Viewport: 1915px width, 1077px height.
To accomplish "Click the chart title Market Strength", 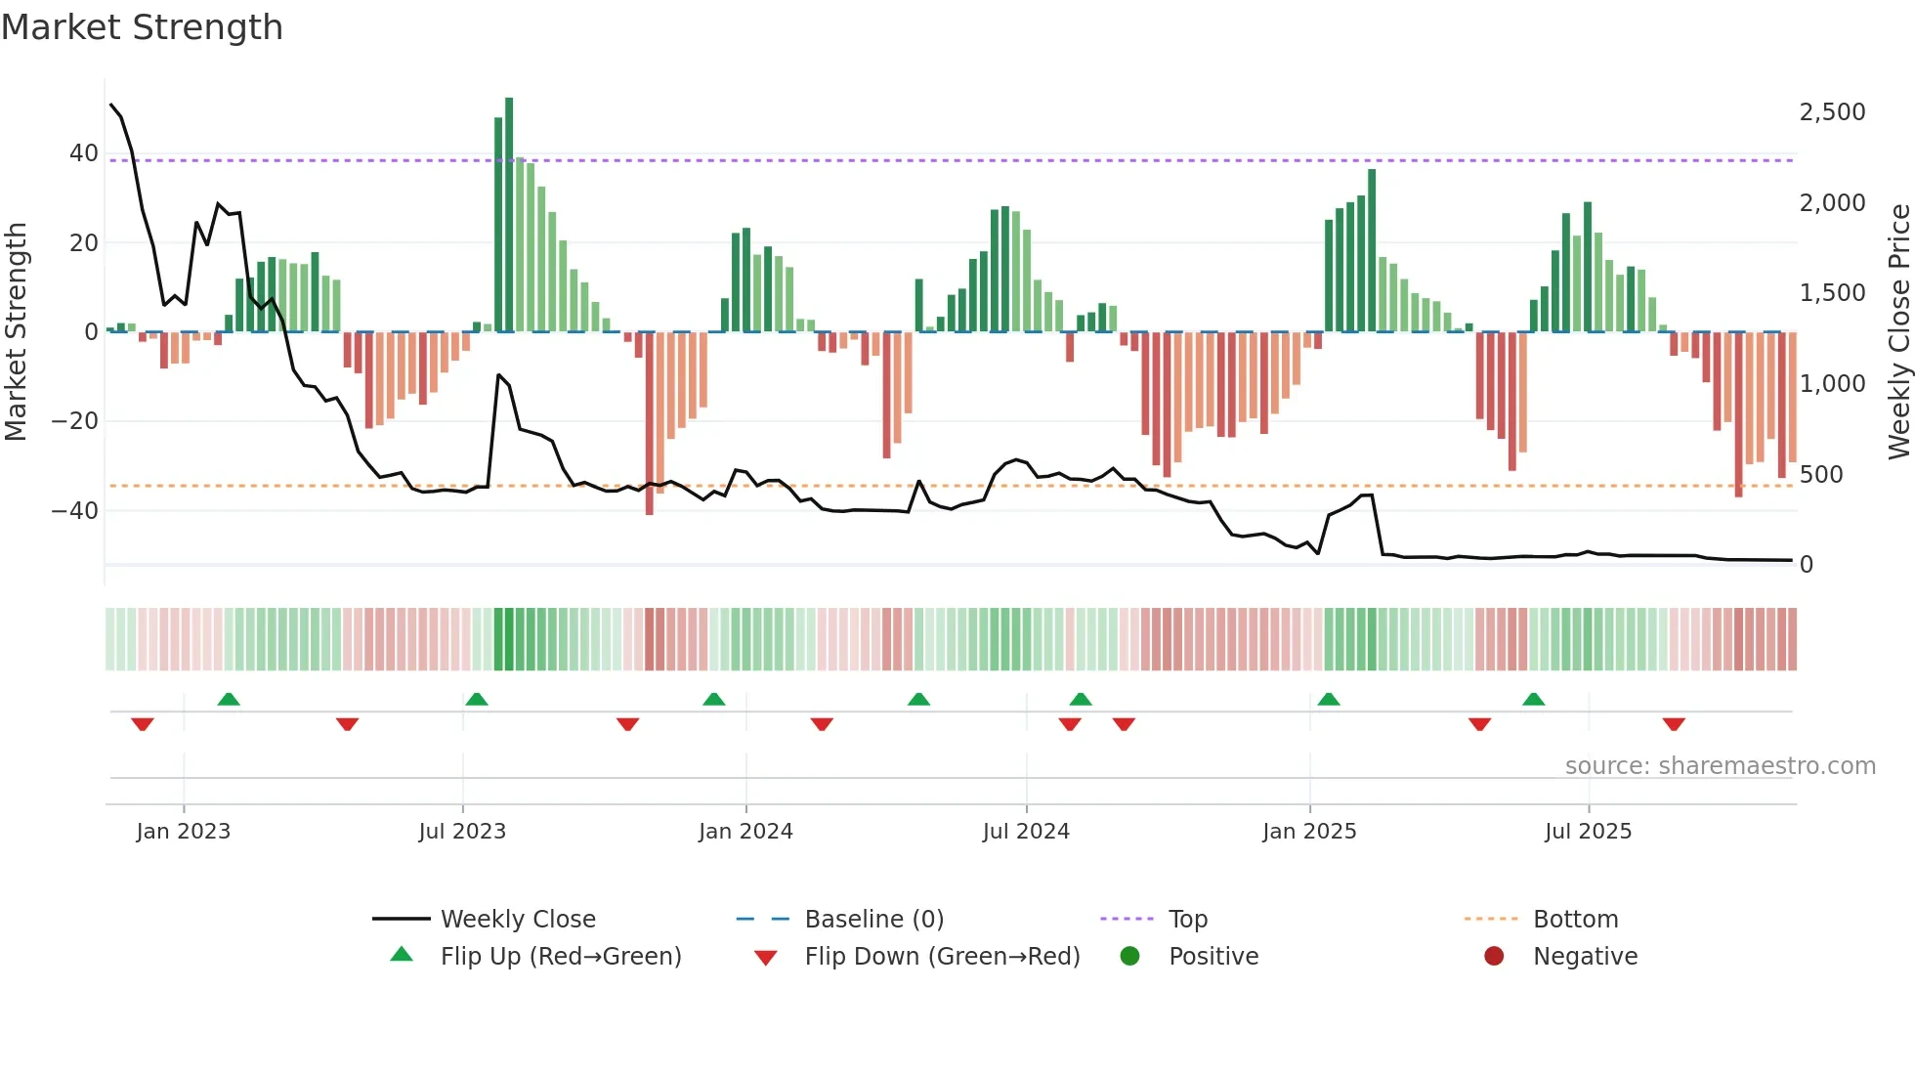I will [x=143, y=27].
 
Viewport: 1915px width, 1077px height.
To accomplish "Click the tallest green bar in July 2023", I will [x=509, y=215].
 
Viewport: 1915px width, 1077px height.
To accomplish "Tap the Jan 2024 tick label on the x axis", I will [x=745, y=832].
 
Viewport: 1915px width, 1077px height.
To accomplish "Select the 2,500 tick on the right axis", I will [x=1832, y=112].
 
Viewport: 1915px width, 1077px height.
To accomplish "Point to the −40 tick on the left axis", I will [x=75, y=511].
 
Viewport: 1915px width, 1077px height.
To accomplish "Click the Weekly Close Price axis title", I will [x=1898, y=332].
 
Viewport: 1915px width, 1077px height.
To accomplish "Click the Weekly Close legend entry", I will [x=517, y=920].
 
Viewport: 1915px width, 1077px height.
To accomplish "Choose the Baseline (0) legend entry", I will [x=873, y=920].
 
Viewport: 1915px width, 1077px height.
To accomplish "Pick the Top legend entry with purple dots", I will [x=1187, y=920].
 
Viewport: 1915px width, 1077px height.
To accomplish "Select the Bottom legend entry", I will [x=1575, y=920].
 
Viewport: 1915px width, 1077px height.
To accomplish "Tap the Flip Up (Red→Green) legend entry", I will [x=560, y=957].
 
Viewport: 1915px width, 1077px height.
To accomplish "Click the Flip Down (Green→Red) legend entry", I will [x=942, y=957].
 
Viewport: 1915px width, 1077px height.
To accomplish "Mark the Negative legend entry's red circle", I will [x=1494, y=956].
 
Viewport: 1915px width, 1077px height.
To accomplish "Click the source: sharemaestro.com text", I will [x=1720, y=766].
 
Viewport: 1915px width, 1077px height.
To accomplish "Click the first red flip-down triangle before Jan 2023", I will [x=143, y=724].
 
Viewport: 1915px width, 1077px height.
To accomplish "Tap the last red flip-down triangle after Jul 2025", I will [x=1674, y=724].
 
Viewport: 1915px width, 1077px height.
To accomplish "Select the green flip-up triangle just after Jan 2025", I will [x=1329, y=699].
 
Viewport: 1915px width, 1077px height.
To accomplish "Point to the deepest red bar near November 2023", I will [x=650, y=423].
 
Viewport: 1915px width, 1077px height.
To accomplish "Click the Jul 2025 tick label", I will [x=1588, y=832].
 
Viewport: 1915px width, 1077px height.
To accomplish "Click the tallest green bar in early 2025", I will [x=1372, y=250].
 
